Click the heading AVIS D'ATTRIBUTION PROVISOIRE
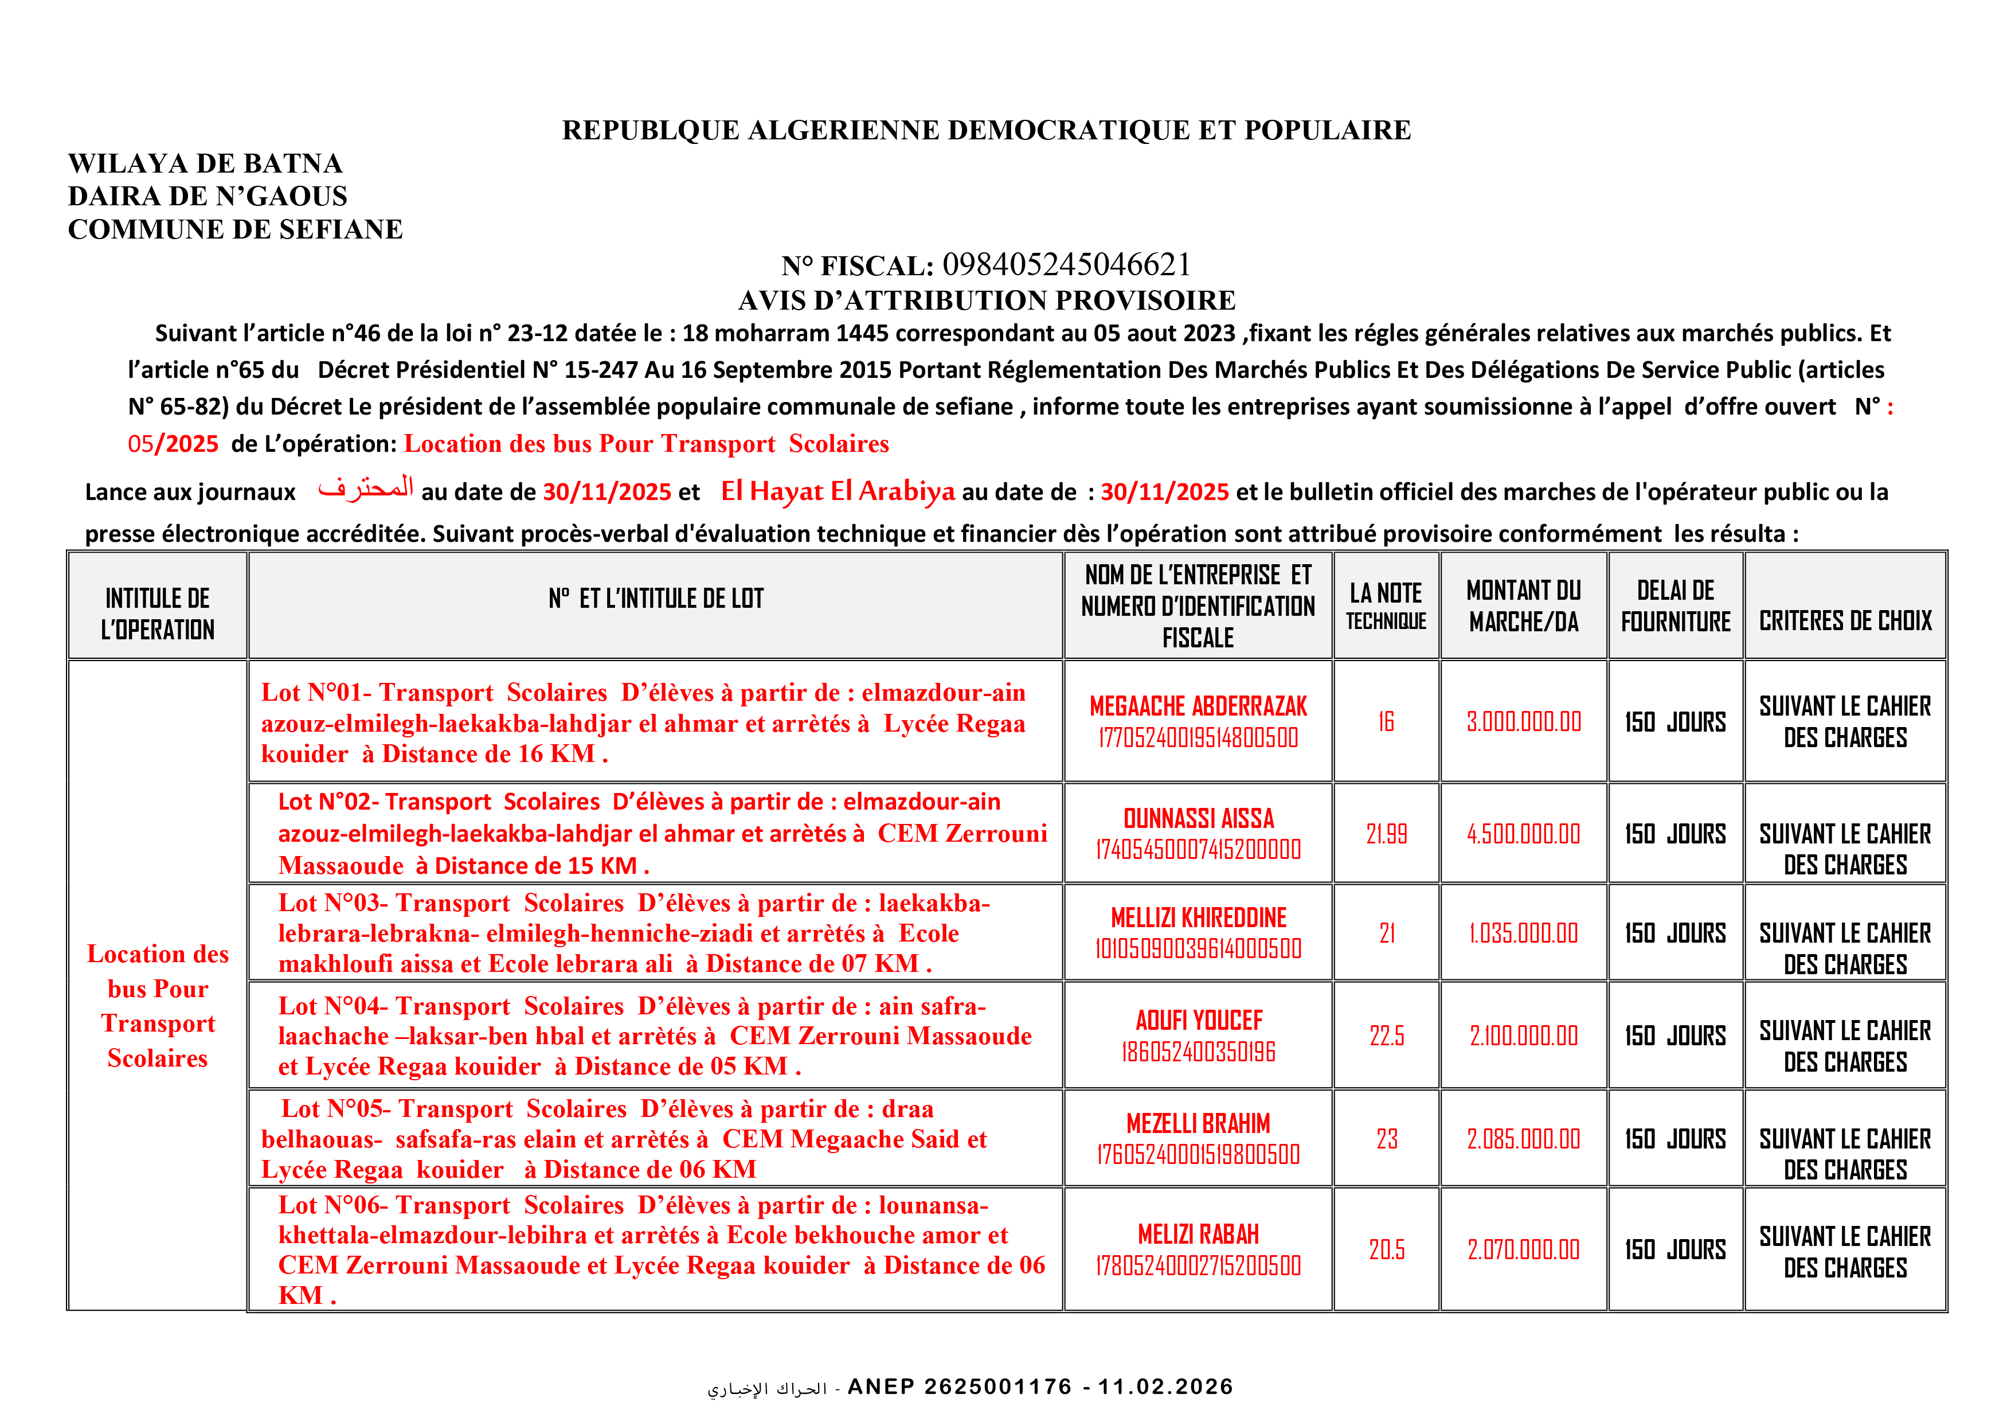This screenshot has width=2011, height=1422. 986,300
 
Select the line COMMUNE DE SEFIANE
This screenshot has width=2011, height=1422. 234,229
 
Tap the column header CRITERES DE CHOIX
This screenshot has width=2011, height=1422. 1845,621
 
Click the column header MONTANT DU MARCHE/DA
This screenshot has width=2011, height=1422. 1523,605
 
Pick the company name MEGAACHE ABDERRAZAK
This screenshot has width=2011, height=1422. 1198,706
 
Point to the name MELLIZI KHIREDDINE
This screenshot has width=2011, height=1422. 1198,917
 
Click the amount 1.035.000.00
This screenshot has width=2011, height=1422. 1523,933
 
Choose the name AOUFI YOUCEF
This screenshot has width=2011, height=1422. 1198,1020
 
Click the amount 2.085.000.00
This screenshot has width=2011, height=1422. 1523,1139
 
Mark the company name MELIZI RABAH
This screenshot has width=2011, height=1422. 1198,1235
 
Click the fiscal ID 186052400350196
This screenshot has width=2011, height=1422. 1198,1052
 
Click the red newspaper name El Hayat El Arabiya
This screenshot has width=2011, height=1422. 838,491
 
